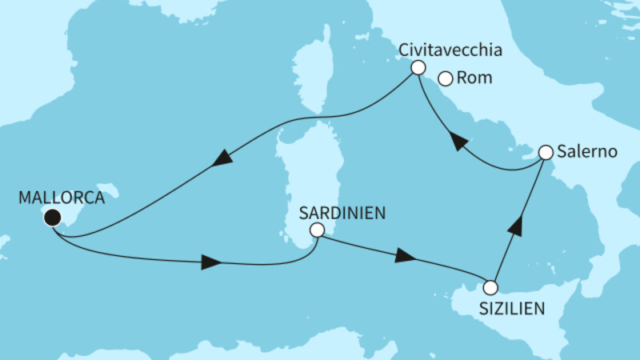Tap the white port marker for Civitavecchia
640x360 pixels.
pyautogui.click(x=417, y=69)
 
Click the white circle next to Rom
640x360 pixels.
pyautogui.click(x=446, y=78)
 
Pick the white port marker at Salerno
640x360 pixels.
pyautogui.click(x=546, y=152)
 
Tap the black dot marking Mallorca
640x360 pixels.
pyautogui.click(x=53, y=217)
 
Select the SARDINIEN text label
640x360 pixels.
pyautogui.click(x=342, y=213)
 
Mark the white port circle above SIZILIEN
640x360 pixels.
pyautogui.click(x=490, y=287)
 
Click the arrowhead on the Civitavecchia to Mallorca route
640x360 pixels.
pyautogui.click(x=223, y=158)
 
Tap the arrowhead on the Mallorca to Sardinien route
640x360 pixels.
pyautogui.click(x=210, y=262)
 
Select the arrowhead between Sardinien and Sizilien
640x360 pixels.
pyautogui.click(x=406, y=258)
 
